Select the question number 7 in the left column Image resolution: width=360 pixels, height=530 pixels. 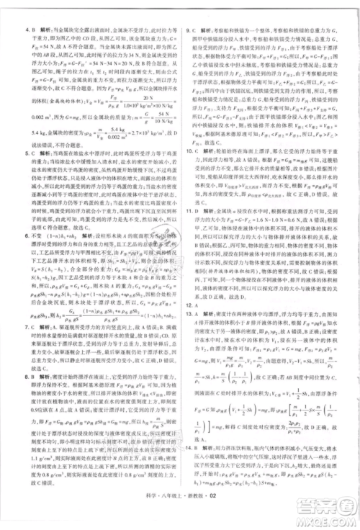point(27,306)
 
